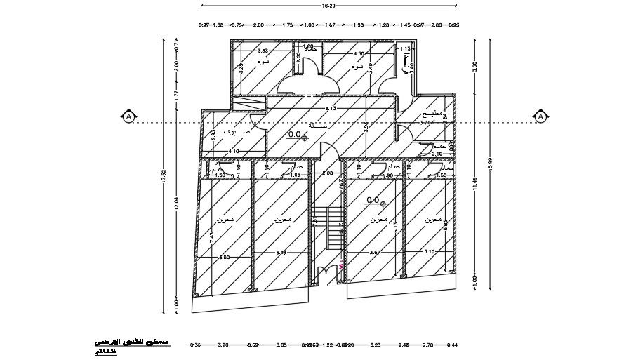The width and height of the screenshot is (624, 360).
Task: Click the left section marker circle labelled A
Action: click(128, 117)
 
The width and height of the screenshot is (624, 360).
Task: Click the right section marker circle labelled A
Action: click(541, 117)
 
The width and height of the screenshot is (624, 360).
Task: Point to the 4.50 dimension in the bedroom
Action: click(359, 54)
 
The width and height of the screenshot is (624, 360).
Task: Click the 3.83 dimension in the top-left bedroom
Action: click(263, 51)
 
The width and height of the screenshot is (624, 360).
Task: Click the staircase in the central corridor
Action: click(328, 228)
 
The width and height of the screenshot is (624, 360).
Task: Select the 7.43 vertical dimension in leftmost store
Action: click(213, 237)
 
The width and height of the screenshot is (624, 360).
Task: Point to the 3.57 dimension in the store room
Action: click(374, 252)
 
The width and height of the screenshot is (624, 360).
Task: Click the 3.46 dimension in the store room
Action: click(281, 252)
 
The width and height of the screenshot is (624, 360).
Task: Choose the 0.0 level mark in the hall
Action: click(296, 133)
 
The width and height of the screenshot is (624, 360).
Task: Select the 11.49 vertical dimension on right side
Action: click(475, 184)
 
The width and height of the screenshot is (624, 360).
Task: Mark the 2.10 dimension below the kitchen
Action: click(437, 154)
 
